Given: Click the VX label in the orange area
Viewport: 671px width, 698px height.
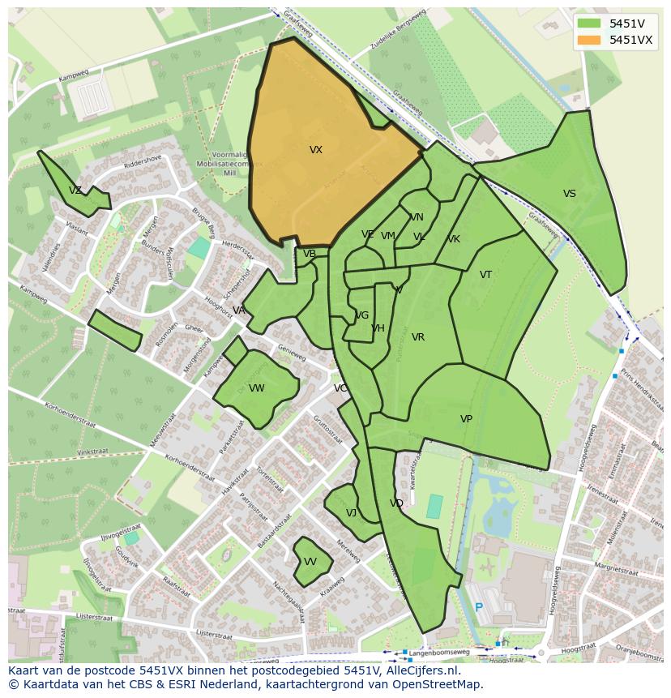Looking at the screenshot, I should click(315, 150).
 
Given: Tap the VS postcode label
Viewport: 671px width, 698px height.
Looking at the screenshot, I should click(570, 194).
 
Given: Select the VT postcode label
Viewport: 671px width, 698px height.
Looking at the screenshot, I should click(485, 275).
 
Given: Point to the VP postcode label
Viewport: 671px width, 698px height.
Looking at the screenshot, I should click(466, 419).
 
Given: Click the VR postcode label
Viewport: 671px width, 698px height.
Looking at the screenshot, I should click(418, 337).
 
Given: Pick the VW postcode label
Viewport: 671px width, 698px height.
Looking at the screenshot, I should click(257, 388).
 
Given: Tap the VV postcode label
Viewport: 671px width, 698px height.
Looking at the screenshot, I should click(310, 562).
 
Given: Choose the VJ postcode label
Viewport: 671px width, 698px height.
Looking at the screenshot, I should click(351, 513).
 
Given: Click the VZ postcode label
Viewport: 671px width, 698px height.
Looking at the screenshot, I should click(75, 191).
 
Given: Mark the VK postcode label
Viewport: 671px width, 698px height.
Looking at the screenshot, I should click(454, 239).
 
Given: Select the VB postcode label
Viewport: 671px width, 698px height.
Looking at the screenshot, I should click(310, 254).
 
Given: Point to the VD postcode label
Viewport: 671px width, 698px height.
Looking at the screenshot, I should click(396, 503).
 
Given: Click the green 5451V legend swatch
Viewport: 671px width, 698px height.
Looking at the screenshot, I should click(589, 24).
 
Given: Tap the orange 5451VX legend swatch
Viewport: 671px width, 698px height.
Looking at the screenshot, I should click(589, 40).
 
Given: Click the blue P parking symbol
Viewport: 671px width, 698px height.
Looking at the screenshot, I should click(478, 607).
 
